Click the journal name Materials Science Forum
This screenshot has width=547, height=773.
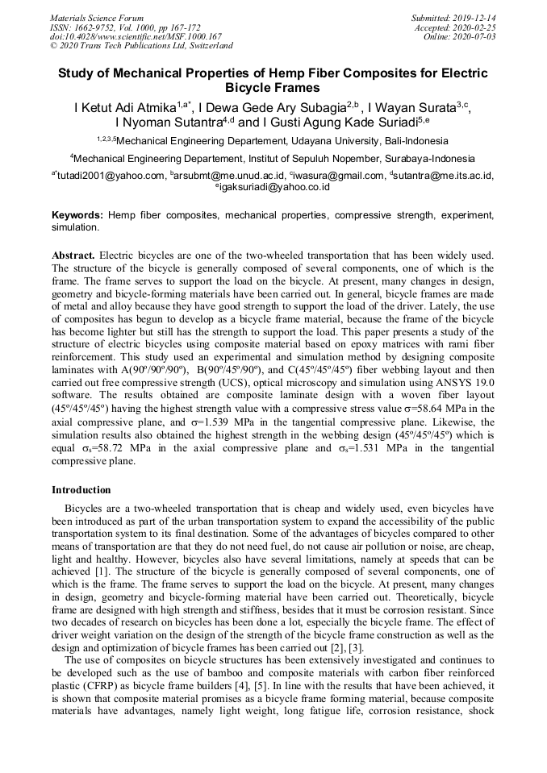click(97, 18)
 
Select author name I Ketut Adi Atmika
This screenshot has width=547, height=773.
click(125, 107)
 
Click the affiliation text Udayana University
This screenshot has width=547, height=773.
click(332, 140)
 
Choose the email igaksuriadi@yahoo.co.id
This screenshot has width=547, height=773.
click(274, 187)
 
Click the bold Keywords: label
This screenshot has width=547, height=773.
click(77, 216)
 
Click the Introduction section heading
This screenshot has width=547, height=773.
click(81, 490)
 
